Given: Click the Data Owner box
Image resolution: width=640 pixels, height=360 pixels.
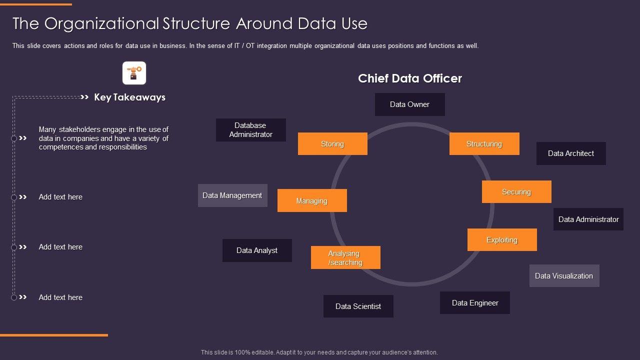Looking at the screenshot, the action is pyautogui.click(x=409, y=104).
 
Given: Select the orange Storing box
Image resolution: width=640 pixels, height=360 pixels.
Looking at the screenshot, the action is pyautogui.click(x=332, y=144).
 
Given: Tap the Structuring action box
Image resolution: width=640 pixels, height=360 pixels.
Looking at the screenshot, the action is pyautogui.click(x=484, y=144).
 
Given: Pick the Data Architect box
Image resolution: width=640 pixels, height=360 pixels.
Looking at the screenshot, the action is pyautogui.click(x=571, y=153).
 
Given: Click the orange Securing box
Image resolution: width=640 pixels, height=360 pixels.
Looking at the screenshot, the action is pyautogui.click(x=516, y=192).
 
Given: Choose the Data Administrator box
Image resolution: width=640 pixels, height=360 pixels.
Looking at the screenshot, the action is pyautogui.click(x=588, y=219).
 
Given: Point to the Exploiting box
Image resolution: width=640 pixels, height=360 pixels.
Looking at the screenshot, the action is pyautogui.click(x=502, y=240).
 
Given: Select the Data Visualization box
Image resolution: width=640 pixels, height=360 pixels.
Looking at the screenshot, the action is pyautogui.click(x=564, y=276).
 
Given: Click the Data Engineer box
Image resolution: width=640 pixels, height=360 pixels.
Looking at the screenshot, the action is pyautogui.click(x=475, y=303).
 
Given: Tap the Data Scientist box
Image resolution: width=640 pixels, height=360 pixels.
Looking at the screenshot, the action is pyautogui.click(x=358, y=306).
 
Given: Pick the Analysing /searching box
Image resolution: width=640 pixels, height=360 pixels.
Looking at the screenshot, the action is pyautogui.click(x=345, y=258).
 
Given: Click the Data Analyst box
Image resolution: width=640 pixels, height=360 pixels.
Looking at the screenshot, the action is pyautogui.click(x=257, y=250).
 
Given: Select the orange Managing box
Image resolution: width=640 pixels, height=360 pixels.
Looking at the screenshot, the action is pyautogui.click(x=312, y=201).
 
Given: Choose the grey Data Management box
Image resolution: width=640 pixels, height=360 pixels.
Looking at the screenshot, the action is pyautogui.click(x=232, y=195).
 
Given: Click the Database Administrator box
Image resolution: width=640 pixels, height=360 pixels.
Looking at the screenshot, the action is pyautogui.click(x=251, y=130).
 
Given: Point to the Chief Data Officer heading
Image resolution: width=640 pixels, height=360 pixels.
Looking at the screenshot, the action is pyautogui.click(x=410, y=78).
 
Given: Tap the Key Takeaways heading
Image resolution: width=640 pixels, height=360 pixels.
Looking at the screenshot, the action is pyautogui.click(x=129, y=97).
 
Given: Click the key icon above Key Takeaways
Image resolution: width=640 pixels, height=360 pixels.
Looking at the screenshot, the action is pyautogui.click(x=134, y=73).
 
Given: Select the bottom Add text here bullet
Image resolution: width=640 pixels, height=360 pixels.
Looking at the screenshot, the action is pyautogui.click(x=60, y=297).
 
